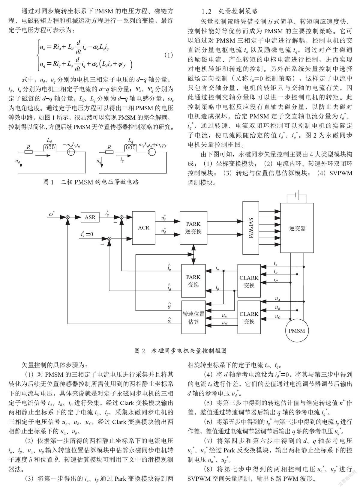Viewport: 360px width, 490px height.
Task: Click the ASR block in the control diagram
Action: (90, 217)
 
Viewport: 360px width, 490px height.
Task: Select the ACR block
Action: (144, 228)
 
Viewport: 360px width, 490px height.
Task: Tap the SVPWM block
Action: (251, 228)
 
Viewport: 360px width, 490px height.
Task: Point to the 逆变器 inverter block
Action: (297, 228)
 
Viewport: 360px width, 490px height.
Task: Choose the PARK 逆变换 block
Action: (193, 228)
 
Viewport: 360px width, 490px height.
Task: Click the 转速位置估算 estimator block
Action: (193, 317)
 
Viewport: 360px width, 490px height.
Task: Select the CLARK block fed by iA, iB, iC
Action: (249, 281)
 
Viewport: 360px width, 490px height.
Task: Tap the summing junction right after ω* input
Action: (68, 217)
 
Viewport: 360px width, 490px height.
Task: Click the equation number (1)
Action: (169, 55)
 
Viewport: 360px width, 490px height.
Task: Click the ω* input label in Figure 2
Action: (52, 214)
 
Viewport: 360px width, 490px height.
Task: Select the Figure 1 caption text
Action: (91, 182)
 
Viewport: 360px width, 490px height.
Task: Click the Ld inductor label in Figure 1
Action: (49, 140)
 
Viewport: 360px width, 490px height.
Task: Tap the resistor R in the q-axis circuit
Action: (109, 152)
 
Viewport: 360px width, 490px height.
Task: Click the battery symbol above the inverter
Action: (297, 194)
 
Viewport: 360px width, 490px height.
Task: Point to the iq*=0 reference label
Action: (87, 234)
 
